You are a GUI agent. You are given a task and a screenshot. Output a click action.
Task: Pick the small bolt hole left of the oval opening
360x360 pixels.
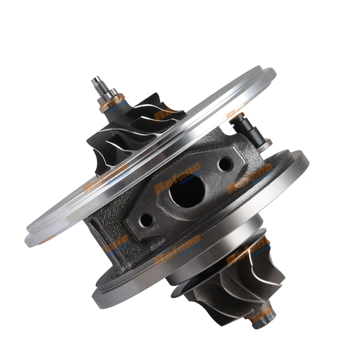tap(146, 220)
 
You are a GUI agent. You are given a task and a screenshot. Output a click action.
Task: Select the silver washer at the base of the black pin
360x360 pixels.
tap(265, 143)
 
